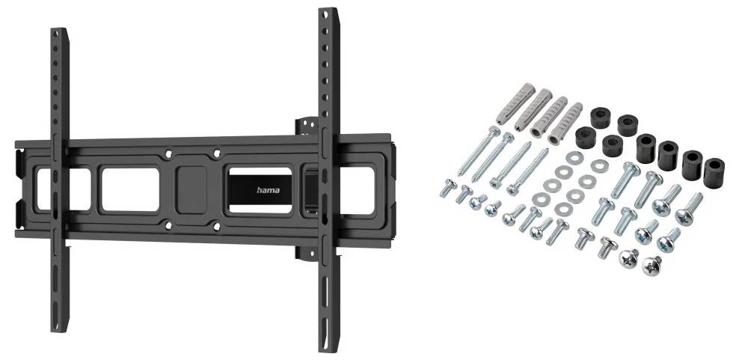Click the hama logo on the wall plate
tap(269, 190)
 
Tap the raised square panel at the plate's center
tap(191, 189)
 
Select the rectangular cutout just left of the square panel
tap(131, 189)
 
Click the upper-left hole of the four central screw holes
tap(168, 154)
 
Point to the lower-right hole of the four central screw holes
tap(217, 227)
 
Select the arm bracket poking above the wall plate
tap(307, 126)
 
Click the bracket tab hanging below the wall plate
tap(307, 254)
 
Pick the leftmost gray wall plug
tap(515, 104)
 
